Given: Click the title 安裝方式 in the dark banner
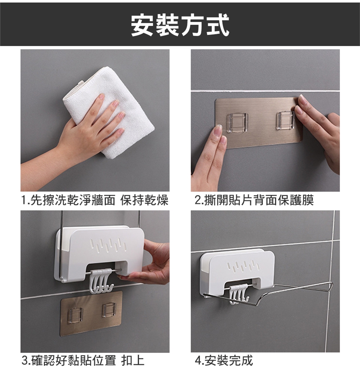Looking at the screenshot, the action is point(180,25).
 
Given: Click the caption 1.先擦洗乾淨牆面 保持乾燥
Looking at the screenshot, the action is point(95,200).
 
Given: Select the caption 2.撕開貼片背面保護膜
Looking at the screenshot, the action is point(254,200).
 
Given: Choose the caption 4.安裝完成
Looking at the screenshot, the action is point(223,360).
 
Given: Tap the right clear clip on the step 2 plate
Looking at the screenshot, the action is point(285,120).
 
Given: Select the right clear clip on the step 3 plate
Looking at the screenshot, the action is point(110,310).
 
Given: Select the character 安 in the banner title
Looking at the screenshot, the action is point(142,25).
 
